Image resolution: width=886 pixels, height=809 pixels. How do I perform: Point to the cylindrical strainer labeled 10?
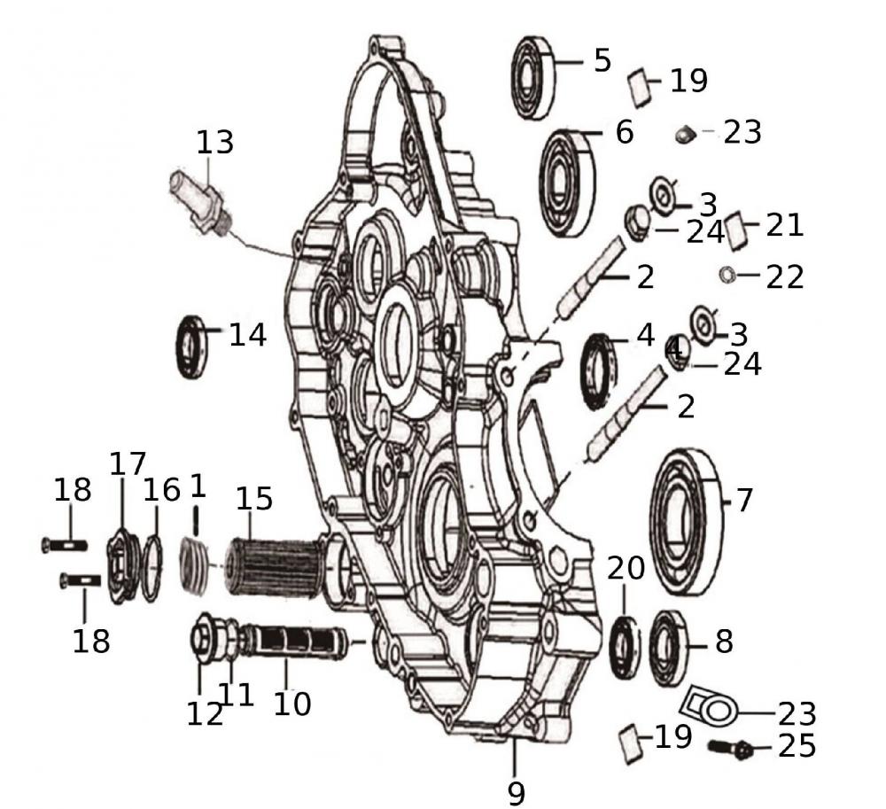[x=296, y=642]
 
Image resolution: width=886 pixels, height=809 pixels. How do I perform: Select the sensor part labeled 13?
[x=200, y=203]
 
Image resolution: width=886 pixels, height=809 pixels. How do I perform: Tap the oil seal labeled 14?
[x=192, y=345]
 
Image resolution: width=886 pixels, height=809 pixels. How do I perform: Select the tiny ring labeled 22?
[x=725, y=275]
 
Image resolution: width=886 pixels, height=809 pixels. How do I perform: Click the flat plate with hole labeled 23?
[x=709, y=708]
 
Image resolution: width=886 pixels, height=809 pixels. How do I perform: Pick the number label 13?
[x=214, y=141]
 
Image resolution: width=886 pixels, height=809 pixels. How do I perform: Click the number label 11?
[x=237, y=693]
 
